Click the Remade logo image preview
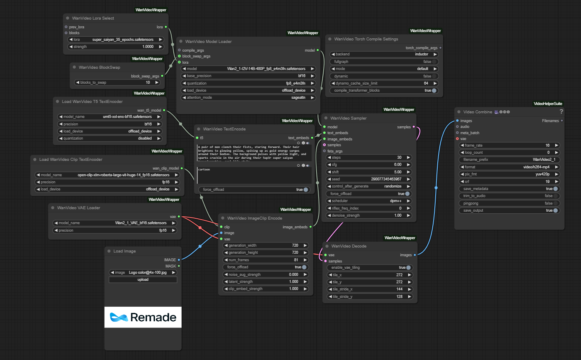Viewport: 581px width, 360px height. pos(143,317)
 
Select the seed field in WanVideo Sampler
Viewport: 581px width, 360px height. pos(369,179)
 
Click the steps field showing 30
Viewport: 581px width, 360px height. pos(369,157)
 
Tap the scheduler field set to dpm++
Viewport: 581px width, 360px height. pos(369,201)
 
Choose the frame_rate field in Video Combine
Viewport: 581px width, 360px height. pos(509,145)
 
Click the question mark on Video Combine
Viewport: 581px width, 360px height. pos(561,112)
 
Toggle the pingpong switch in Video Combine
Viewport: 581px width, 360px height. pos(555,203)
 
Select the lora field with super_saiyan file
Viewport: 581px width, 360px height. pos(115,40)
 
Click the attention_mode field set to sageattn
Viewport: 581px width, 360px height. pos(248,97)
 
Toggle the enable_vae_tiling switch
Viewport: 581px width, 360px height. pos(408,267)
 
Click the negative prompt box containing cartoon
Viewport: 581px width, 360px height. pos(254,175)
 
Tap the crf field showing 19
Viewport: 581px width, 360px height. pos(509,182)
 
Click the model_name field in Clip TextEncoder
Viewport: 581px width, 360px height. pos(108,175)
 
